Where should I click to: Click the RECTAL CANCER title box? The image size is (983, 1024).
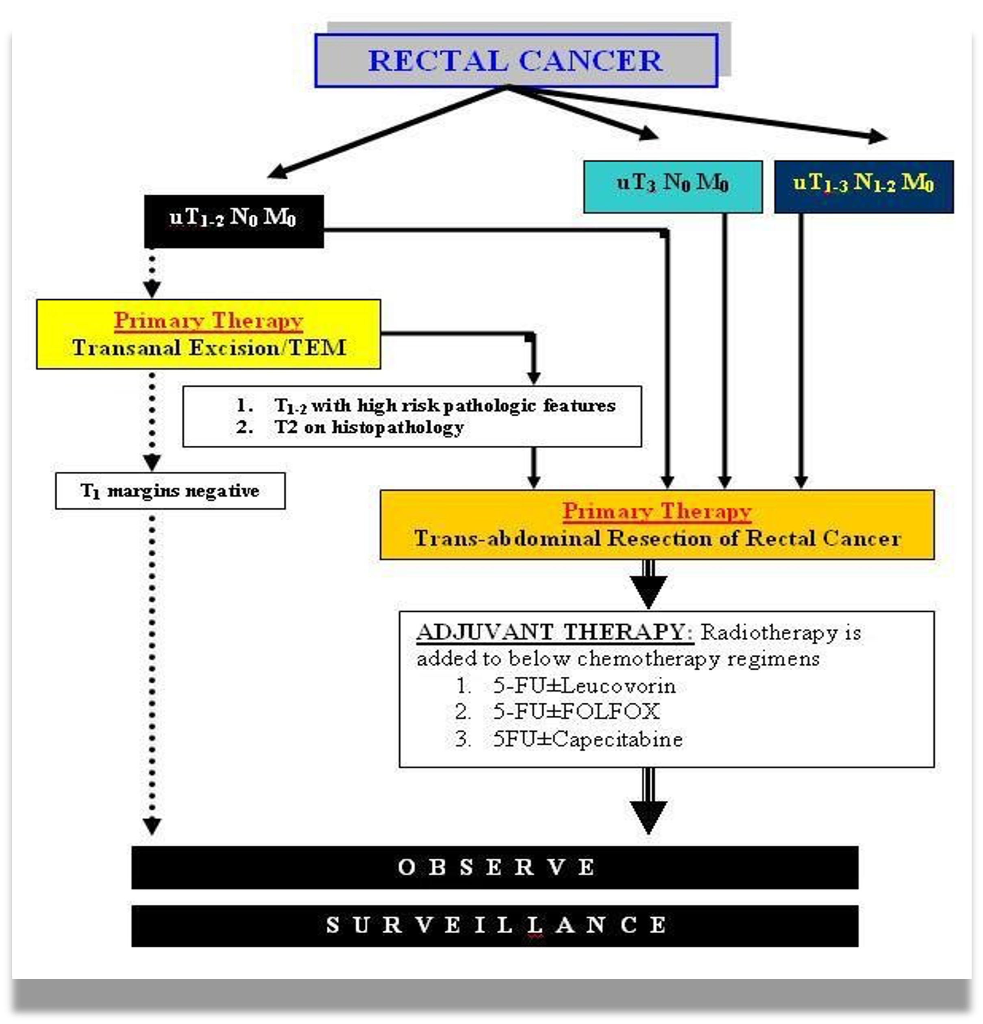516,61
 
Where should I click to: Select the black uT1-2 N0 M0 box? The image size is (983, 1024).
233,220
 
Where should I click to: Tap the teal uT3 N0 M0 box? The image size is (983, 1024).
673,187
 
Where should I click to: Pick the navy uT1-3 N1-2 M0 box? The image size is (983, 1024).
863,187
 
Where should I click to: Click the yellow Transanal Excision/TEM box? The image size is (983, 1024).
209,334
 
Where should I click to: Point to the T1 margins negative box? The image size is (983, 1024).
170,491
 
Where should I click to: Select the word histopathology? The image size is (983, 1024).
398,427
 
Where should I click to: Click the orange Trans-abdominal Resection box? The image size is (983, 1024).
657,525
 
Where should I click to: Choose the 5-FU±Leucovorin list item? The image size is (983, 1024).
584,686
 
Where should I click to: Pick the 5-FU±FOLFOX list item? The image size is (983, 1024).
576,712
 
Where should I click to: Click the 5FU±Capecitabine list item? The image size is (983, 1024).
587,739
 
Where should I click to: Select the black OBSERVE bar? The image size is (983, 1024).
495,867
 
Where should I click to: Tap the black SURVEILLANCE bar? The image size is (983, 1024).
495,925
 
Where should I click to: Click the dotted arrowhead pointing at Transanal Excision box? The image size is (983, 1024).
152,289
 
